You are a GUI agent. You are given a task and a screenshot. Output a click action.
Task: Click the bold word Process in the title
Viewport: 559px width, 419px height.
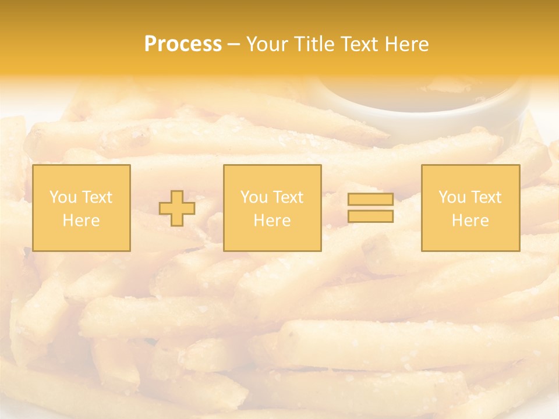tap(183, 44)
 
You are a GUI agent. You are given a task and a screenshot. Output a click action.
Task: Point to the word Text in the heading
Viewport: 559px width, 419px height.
tap(363, 44)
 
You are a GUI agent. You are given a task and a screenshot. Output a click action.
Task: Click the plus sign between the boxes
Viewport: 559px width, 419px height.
tap(178, 208)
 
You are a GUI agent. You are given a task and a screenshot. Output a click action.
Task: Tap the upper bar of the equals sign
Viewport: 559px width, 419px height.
tap(370, 200)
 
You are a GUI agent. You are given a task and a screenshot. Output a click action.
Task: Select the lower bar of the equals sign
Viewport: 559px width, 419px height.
tap(370, 216)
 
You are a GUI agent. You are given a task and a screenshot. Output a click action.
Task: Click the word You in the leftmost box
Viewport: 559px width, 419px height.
tap(63, 197)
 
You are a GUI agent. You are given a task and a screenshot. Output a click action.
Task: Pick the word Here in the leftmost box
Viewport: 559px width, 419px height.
tap(81, 221)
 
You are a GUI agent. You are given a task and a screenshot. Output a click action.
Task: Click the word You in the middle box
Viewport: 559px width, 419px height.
tap(254, 197)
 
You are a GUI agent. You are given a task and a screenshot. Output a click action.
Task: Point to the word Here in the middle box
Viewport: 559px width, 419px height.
tap(272, 221)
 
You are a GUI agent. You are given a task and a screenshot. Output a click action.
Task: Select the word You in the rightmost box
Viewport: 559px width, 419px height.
tap(452, 197)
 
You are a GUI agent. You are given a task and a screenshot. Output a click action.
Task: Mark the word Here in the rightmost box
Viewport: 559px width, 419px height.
tap(470, 221)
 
